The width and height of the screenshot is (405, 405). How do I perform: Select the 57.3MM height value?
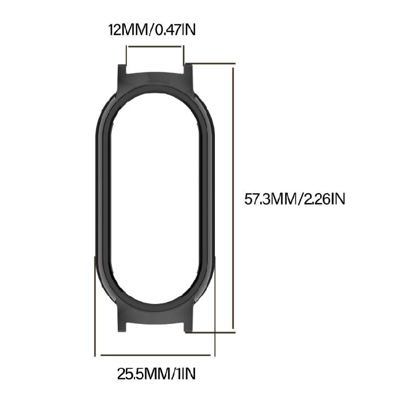coord(268,199)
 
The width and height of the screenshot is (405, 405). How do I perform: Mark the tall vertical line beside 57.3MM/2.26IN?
coord(233,199)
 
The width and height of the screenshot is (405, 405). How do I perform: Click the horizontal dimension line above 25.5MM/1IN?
coord(155,355)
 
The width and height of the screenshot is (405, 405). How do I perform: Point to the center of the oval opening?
coord(155,199)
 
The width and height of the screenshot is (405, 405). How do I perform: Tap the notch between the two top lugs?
coord(155,70)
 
